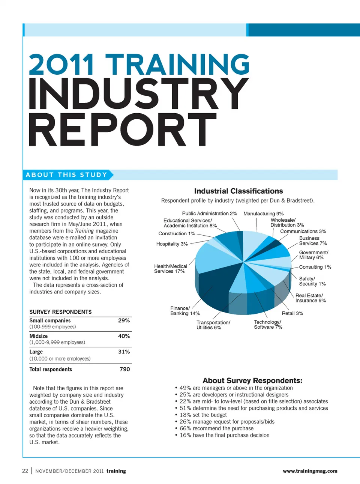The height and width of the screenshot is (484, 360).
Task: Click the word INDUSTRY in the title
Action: pyautogui.click(x=139, y=94)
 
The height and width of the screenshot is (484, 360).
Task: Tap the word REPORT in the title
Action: pyautogui.click(x=123, y=130)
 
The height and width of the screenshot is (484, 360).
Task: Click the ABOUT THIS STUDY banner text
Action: pyautogui.click(x=66, y=175)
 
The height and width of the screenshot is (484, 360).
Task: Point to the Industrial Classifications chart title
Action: pyautogui.click(x=238, y=191)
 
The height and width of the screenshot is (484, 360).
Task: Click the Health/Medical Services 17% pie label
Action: pyautogui.click(x=171, y=269)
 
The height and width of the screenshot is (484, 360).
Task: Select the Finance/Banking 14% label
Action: pyautogui.click(x=185, y=311)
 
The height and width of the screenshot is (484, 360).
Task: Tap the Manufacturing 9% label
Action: pyautogui.click(x=263, y=213)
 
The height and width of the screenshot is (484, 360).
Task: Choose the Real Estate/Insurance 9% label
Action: pyautogui.click(x=310, y=298)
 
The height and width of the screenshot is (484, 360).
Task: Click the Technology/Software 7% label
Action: pyautogui.click(x=268, y=325)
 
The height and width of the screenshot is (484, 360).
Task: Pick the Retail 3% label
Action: pyautogui.click(x=292, y=313)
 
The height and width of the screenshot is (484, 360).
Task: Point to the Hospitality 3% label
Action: pyautogui.click(x=172, y=244)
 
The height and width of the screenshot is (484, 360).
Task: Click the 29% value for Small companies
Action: pyautogui.click(x=124, y=320)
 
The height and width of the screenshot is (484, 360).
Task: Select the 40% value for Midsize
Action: pyautogui.click(x=124, y=336)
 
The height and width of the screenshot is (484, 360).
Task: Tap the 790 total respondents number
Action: pyautogui.click(x=124, y=369)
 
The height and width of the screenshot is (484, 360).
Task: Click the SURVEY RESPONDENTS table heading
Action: pyautogui.click(x=60, y=312)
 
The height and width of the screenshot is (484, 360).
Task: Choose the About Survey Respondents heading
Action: pyautogui.click(x=252, y=380)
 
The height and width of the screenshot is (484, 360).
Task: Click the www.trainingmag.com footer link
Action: pyautogui.click(x=310, y=471)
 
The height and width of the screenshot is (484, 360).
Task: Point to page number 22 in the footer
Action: pyautogui.click(x=25, y=471)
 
